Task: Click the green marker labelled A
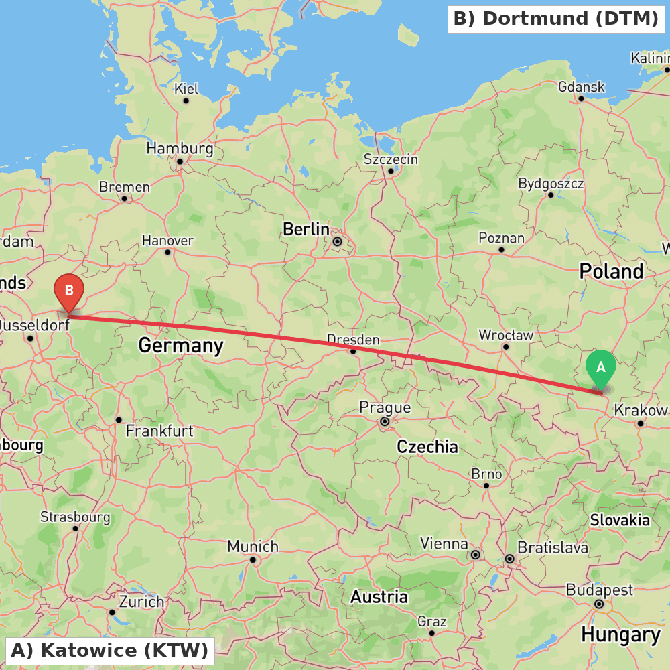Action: (x=600, y=368)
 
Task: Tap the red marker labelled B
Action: (x=68, y=291)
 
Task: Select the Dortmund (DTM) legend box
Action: (x=555, y=19)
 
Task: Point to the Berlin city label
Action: (x=306, y=229)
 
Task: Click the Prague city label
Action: (x=385, y=407)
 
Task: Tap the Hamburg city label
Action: (x=180, y=148)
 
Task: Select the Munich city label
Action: (x=253, y=547)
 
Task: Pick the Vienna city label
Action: (x=444, y=543)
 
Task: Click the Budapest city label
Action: (x=599, y=590)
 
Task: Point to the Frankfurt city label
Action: (x=159, y=431)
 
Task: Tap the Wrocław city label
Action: (x=506, y=334)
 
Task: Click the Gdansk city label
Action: (x=581, y=87)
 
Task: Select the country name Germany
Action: (x=180, y=346)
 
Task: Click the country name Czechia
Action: (x=427, y=447)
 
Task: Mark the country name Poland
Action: (x=610, y=271)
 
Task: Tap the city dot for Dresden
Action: (x=353, y=351)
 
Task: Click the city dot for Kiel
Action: (x=186, y=100)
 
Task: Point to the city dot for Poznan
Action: (x=501, y=249)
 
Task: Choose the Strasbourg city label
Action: (x=75, y=517)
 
